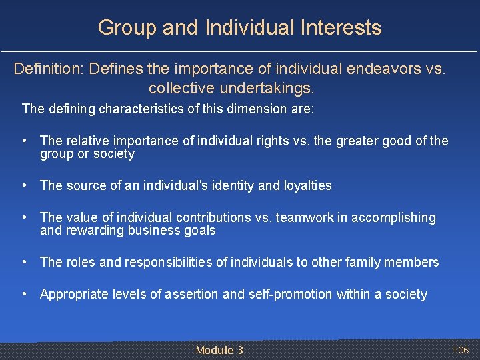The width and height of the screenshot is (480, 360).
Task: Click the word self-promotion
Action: pyautogui.click(x=289, y=294)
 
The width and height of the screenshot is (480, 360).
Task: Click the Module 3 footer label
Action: pyautogui.click(x=219, y=350)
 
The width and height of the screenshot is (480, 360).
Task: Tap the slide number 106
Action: pyautogui.click(x=461, y=350)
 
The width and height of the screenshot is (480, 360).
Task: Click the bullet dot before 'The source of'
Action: pyautogui.click(x=24, y=185)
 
